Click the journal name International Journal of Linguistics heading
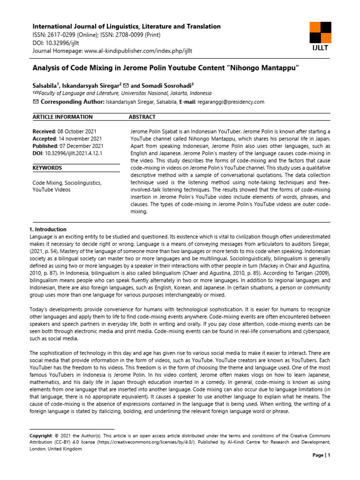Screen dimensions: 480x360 click(x=126, y=27)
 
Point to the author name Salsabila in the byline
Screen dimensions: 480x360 click(x=46, y=86)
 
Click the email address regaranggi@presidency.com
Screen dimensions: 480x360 click(x=232, y=102)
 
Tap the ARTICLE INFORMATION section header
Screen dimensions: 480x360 click(x=62, y=117)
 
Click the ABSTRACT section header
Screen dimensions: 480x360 click(x=142, y=117)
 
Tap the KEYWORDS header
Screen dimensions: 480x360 click(x=47, y=167)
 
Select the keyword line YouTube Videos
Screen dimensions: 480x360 click(x=52, y=190)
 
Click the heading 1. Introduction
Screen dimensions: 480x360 click(x=48, y=230)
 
